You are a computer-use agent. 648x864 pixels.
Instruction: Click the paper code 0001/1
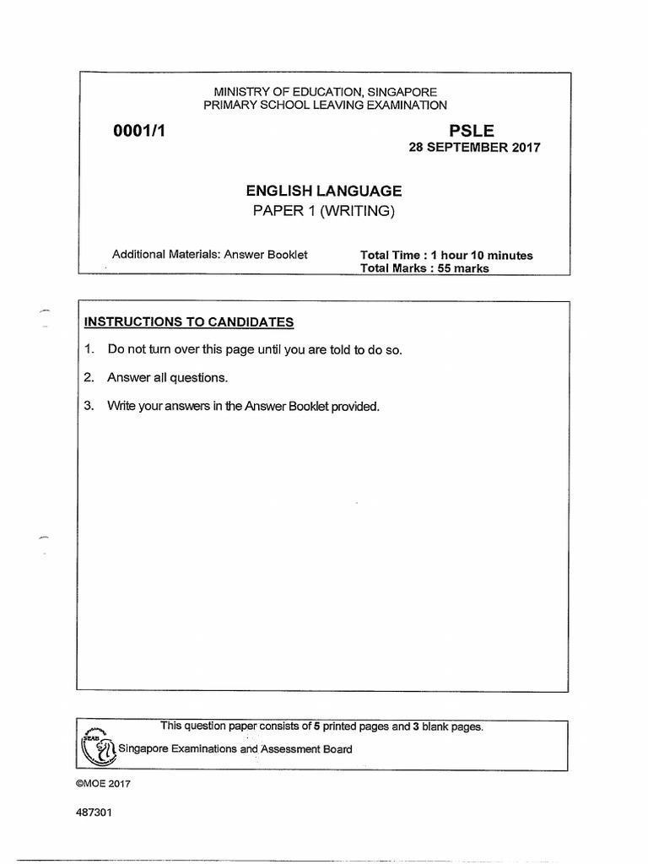137,130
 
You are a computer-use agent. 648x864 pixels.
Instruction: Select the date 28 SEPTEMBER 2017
473,147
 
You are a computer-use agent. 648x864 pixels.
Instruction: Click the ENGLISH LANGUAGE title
324,192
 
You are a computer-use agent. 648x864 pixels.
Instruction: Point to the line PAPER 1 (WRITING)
324,211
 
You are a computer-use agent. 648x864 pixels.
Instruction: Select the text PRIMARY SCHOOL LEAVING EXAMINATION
324,105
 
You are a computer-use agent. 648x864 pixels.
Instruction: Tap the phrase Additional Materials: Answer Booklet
210,255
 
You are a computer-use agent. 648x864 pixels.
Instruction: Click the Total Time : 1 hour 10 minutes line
446,256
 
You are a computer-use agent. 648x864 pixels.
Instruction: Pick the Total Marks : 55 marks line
424,269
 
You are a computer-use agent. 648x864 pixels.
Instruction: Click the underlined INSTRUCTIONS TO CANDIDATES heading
188,321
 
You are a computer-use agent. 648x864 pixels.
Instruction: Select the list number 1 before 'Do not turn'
88,349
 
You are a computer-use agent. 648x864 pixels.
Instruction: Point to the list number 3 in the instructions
88,407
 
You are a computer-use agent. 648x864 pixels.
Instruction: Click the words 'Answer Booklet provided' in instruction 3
314,407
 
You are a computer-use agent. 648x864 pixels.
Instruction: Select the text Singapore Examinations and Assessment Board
235,748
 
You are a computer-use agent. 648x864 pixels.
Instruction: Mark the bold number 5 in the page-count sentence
316,727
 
